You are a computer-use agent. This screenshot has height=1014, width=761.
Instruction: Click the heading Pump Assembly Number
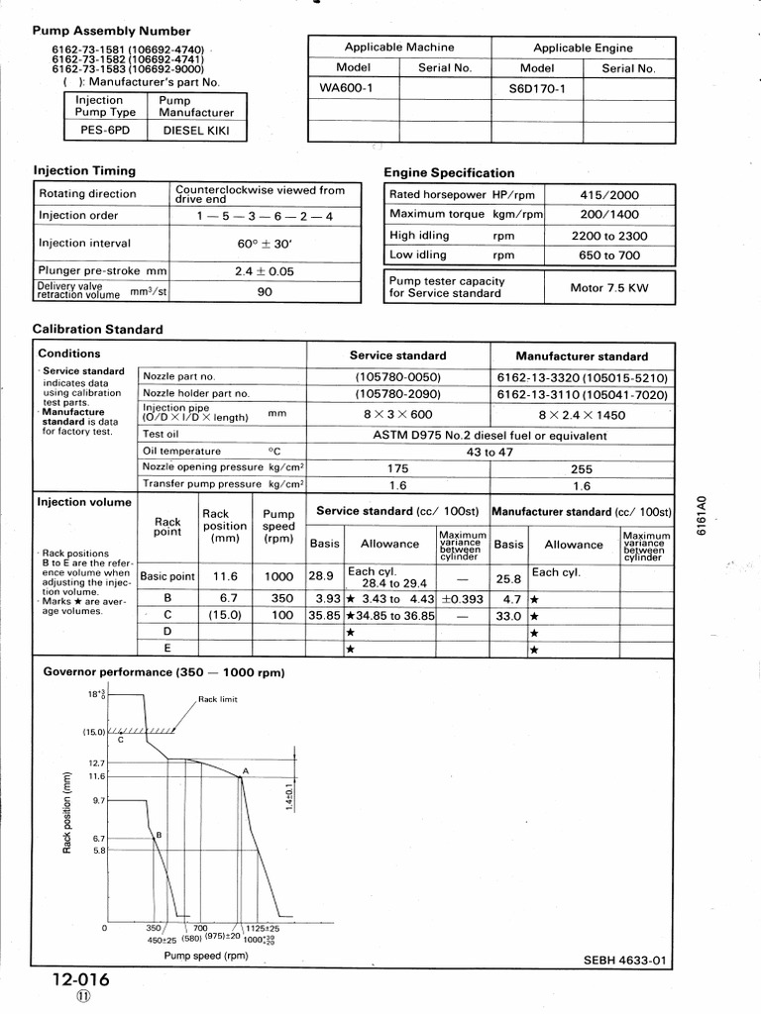click(111, 32)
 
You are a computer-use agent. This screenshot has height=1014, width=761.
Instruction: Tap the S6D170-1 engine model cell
click(536, 88)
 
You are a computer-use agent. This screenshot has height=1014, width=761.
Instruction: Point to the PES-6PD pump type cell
click(101, 129)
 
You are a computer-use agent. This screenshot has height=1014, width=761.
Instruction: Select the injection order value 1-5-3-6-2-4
click(265, 215)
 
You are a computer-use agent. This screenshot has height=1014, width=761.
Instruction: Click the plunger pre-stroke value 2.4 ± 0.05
click(265, 270)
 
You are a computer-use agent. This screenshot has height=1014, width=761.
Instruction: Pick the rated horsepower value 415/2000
click(609, 195)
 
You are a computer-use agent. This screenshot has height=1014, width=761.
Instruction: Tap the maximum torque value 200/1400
click(609, 214)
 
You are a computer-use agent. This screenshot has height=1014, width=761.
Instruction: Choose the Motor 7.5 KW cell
click(609, 288)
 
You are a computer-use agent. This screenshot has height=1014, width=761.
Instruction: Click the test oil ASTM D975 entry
click(489, 435)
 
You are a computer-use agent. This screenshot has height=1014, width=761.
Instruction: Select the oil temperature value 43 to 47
click(489, 452)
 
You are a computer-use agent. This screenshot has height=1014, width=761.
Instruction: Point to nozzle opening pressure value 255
click(581, 467)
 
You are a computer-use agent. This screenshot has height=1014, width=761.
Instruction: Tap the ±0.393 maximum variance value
click(464, 598)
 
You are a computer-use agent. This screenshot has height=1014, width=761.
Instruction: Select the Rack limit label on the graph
click(219, 699)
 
